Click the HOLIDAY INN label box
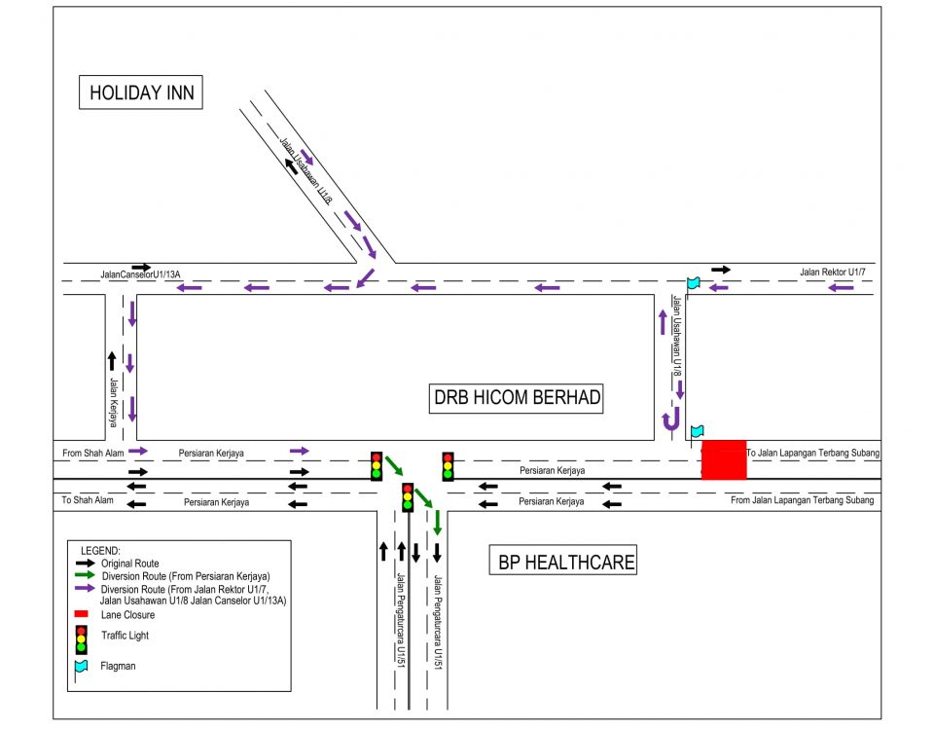(x=142, y=93)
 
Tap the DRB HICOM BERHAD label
(x=517, y=397)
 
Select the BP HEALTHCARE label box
(x=566, y=562)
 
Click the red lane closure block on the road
(x=724, y=459)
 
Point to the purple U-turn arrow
(x=670, y=420)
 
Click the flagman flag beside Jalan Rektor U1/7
(x=693, y=283)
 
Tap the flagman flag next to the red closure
(x=697, y=431)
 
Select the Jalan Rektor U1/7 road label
(x=833, y=272)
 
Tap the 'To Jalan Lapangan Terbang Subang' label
(x=812, y=454)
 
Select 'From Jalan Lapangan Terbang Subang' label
(x=802, y=500)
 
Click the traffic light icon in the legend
(x=82, y=639)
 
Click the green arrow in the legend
(x=84, y=576)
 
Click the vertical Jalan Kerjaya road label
(x=114, y=402)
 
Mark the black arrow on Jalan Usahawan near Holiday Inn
(x=292, y=166)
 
